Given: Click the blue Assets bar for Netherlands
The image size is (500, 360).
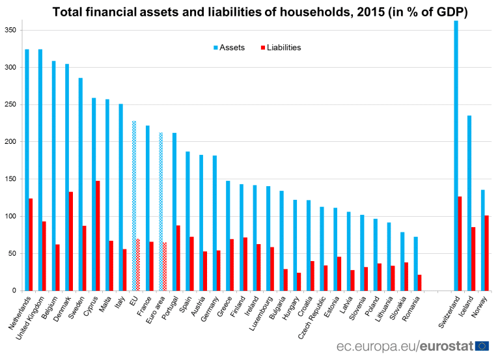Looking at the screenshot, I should coord(27,170).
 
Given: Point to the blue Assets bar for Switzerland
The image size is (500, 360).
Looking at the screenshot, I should coord(456,156).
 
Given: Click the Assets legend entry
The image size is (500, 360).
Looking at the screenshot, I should coord(228,48).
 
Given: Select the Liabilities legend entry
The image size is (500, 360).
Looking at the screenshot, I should coord(279,48).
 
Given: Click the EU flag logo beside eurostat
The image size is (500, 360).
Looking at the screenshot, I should coord(482,346).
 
